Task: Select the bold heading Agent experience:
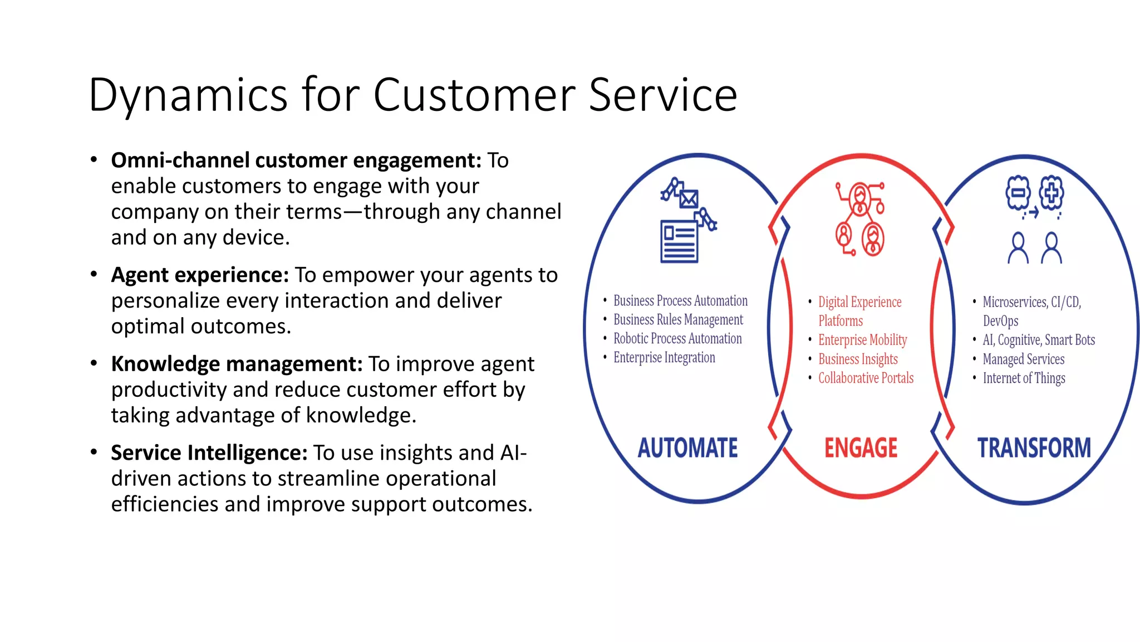tap(200, 275)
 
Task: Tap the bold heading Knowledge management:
tap(237, 364)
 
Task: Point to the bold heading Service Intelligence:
tap(209, 453)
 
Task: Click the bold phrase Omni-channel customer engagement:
tap(296, 160)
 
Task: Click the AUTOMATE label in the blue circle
tap(687, 448)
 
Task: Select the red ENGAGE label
tap(861, 448)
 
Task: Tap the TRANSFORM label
tap(1034, 448)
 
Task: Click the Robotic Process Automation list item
tap(677, 339)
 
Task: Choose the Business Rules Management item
tap(678, 320)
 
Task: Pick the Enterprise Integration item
tap(664, 358)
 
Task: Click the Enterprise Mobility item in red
tap(862, 340)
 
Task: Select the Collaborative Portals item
tap(866, 378)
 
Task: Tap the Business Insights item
tap(858, 359)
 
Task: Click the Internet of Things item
tap(1024, 378)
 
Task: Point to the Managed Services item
tap(1023, 359)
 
